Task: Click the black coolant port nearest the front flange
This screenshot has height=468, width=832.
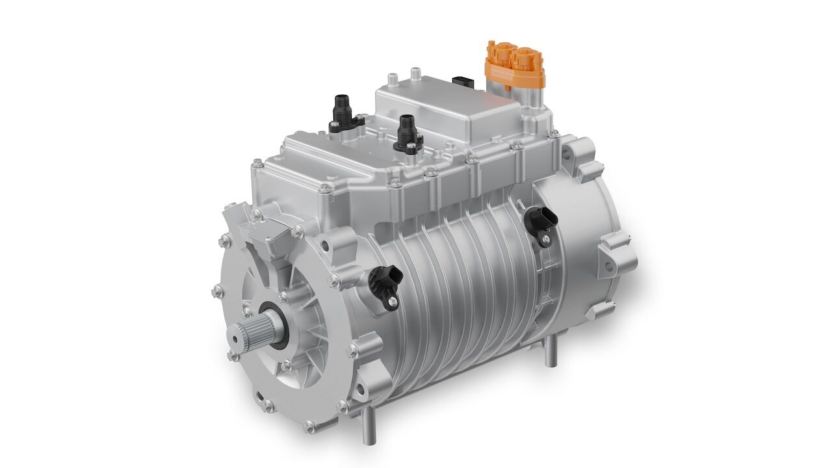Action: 340,110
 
